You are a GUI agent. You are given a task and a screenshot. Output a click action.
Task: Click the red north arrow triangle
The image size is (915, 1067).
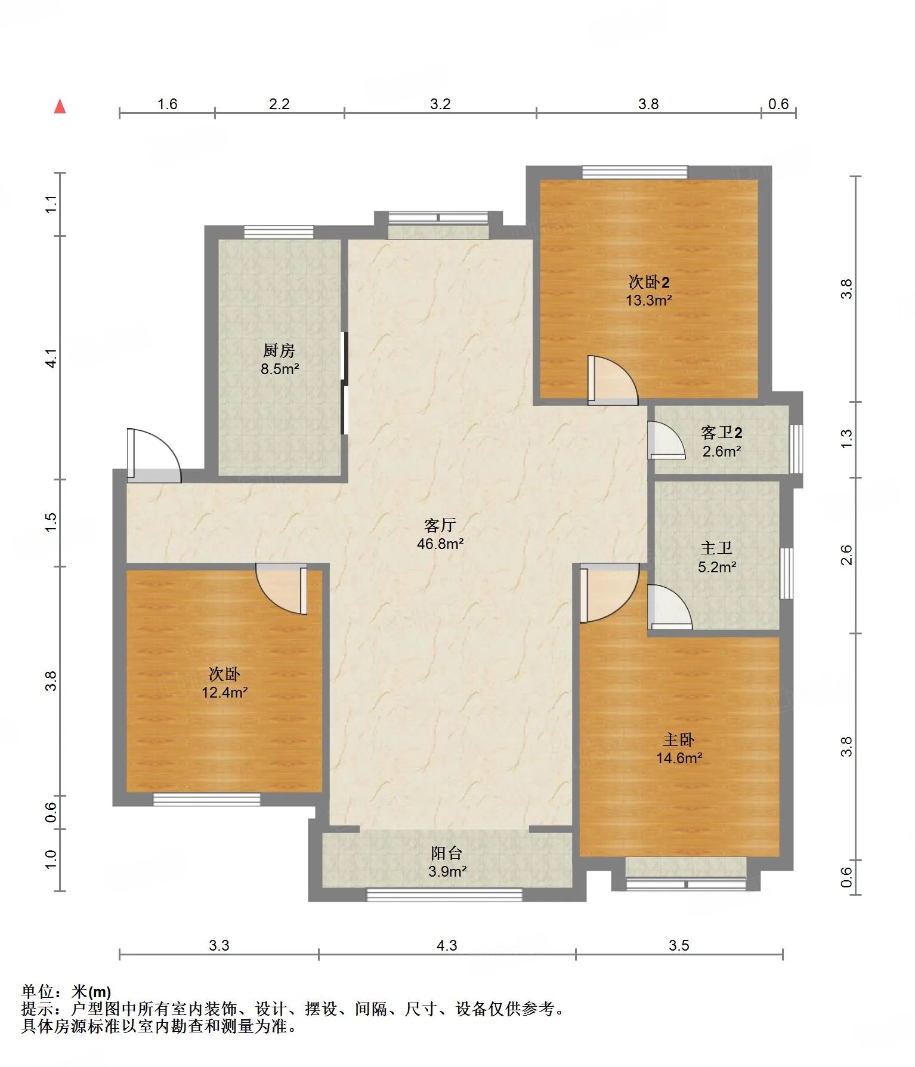click(x=60, y=106)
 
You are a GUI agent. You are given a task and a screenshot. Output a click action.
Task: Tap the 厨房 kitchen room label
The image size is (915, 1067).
click(x=279, y=350)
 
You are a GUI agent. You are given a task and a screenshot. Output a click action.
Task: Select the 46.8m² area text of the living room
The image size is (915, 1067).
click(x=440, y=544)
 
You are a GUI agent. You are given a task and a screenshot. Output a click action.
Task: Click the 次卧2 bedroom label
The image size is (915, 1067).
click(x=649, y=282)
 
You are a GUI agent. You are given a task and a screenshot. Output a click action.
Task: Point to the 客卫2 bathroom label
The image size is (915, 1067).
click(x=721, y=432)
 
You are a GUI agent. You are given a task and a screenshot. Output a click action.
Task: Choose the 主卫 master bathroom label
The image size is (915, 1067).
click(x=716, y=548)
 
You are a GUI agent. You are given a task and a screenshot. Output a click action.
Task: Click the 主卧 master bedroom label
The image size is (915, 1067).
click(x=679, y=740)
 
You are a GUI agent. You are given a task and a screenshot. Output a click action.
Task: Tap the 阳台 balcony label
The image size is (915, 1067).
click(x=447, y=853)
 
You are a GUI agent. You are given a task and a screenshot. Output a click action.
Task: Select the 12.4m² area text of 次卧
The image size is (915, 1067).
click(x=225, y=692)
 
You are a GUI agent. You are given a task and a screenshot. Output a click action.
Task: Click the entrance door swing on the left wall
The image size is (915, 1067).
click(x=153, y=455)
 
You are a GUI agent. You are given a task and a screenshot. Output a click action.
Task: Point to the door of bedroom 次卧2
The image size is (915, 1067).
click(x=613, y=380)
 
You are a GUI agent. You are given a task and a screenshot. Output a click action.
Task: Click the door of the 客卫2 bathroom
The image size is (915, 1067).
click(x=667, y=440)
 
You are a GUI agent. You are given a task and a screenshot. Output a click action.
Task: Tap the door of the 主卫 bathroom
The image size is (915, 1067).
click(x=670, y=607)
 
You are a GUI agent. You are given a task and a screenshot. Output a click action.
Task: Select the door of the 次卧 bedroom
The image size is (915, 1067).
click(x=282, y=589)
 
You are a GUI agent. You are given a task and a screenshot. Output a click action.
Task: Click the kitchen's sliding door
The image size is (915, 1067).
click(x=344, y=383)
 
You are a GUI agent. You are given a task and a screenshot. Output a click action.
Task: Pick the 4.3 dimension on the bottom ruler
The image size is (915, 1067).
click(x=447, y=945)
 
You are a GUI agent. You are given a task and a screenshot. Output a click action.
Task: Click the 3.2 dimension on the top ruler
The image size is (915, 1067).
click(x=440, y=104)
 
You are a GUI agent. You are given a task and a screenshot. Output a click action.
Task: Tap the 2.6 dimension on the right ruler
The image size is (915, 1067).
click(x=846, y=555)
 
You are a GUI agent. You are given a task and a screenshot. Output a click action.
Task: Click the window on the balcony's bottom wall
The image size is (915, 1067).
click(x=444, y=895)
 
